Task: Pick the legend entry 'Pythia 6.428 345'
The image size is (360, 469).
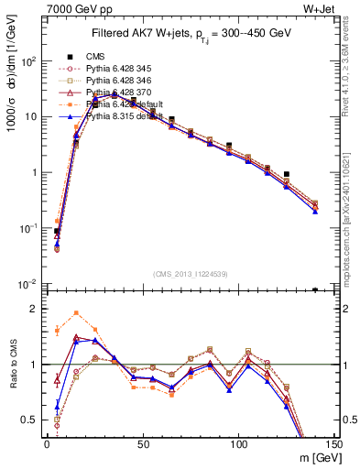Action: (123, 68)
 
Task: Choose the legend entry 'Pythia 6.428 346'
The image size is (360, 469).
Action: (123, 80)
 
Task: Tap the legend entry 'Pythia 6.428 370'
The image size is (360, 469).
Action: (123, 93)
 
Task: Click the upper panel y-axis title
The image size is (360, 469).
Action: (12, 92)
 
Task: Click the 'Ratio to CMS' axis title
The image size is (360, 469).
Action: (12, 366)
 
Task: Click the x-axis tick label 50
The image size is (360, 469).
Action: (142, 443)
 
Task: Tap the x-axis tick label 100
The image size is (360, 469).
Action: (238, 443)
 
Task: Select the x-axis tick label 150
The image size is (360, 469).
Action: (333, 443)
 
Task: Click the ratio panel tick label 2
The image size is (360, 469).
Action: (33, 309)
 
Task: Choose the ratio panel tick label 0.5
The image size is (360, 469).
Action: (29, 420)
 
